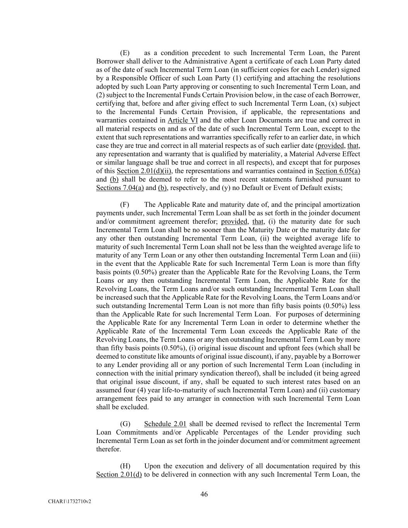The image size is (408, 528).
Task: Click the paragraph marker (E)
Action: (125, 53)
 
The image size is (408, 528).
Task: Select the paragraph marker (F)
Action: (125, 205)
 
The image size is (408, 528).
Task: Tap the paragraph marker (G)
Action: (125, 424)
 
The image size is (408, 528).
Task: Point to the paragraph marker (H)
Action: (125, 466)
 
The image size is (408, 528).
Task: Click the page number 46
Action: (204, 494)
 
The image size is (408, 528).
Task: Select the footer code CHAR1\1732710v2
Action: (70, 502)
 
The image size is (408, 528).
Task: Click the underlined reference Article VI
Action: (183, 120)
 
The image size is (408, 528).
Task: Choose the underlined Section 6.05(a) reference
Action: (338, 171)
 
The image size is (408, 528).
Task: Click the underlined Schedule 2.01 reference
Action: (165, 424)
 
